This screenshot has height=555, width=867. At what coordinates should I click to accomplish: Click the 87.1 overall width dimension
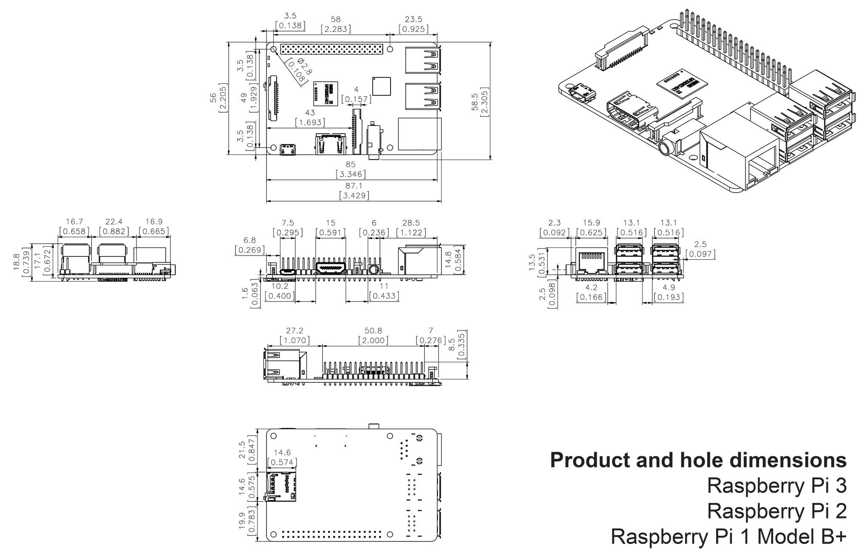point(354,186)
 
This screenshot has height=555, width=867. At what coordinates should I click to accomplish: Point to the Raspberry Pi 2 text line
point(776,511)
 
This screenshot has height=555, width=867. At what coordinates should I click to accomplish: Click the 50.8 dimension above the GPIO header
point(373,330)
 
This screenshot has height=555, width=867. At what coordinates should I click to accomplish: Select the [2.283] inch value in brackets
point(336,29)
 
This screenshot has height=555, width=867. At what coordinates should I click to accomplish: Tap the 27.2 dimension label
point(295,330)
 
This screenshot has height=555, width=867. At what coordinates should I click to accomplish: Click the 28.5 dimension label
point(411,222)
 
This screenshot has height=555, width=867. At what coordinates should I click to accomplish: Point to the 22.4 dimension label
point(114,222)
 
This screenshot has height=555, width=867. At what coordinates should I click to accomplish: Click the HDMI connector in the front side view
point(330,268)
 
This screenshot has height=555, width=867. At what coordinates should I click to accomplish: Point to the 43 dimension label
point(310,113)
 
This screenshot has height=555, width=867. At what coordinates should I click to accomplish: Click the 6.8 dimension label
point(250,240)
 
